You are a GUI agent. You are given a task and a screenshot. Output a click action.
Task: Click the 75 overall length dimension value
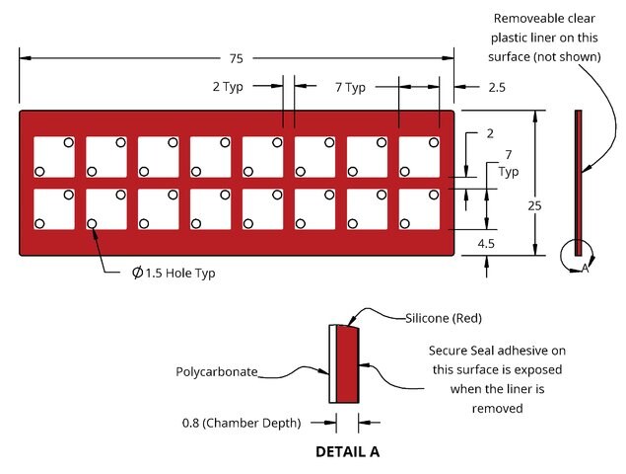(x=236, y=59)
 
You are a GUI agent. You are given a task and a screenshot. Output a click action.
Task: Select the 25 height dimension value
(x=534, y=206)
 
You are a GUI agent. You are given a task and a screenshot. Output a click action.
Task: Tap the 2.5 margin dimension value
(x=497, y=87)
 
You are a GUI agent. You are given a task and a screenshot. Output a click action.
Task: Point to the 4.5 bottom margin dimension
(x=486, y=243)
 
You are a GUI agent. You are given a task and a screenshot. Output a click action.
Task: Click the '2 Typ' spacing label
(x=228, y=87)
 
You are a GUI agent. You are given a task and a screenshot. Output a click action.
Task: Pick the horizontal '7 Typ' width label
(x=350, y=87)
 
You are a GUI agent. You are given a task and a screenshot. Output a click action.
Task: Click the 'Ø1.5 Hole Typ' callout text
(x=174, y=274)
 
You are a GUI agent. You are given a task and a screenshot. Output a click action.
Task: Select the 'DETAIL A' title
(x=347, y=452)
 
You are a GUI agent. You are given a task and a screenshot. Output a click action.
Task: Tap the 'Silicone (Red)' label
(x=444, y=318)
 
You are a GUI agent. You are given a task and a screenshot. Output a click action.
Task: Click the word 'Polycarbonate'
(x=217, y=372)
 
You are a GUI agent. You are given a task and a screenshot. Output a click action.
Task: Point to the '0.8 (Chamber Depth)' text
(x=242, y=424)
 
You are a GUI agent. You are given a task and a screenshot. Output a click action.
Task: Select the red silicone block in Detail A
(x=347, y=364)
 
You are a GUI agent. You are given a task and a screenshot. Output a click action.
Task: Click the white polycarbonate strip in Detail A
(x=332, y=363)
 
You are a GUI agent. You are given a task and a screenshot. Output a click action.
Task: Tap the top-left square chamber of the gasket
(x=54, y=157)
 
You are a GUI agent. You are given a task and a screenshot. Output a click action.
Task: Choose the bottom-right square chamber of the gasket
(x=419, y=209)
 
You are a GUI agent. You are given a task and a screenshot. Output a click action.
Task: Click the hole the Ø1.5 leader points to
(x=92, y=223)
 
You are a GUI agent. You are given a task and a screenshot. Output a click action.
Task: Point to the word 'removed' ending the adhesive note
(x=497, y=409)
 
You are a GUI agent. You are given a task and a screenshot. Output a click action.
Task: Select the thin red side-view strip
(x=578, y=183)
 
